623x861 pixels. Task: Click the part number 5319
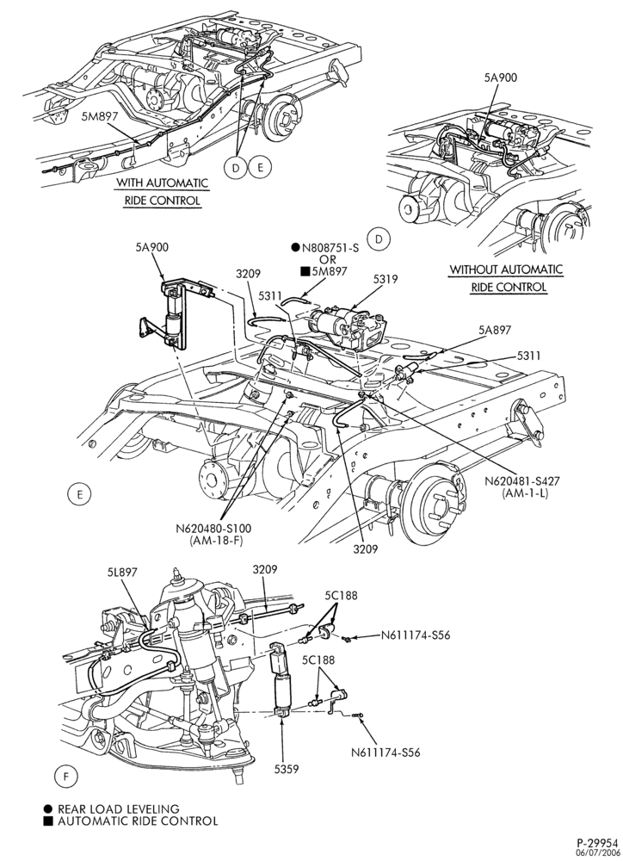[x=385, y=280]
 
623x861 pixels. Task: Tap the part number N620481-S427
[x=525, y=481]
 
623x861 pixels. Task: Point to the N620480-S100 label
[x=213, y=529]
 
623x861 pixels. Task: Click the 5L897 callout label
[x=122, y=573]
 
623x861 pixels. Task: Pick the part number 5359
[x=287, y=769]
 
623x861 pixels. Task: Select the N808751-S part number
[x=330, y=248]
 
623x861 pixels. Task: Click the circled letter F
[x=66, y=777]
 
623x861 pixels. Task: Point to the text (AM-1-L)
[x=525, y=492]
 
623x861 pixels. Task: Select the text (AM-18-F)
[x=209, y=541]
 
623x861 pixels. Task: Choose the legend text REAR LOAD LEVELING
[x=119, y=808]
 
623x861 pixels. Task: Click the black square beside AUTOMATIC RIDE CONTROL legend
[x=48, y=821]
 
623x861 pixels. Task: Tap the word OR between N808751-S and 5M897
[x=328, y=259]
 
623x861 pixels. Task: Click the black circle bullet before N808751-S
[x=295, y=248]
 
